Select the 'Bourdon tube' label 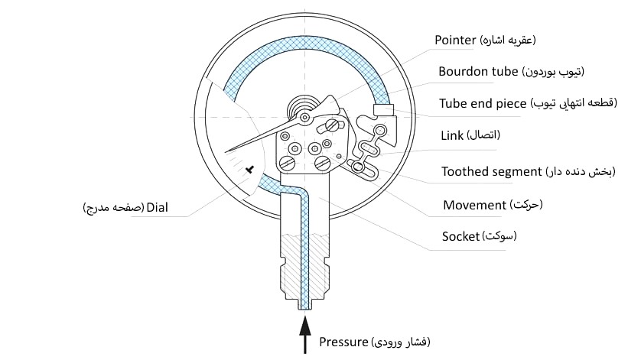(479, 72)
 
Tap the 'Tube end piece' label (482, 103)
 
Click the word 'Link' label (452, 135)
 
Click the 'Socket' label (459, 236)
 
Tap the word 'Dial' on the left (157, 208)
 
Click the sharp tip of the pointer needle (227, 154)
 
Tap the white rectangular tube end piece (382, 110)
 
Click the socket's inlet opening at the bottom (305, 306)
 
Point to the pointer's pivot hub (305, 117)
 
